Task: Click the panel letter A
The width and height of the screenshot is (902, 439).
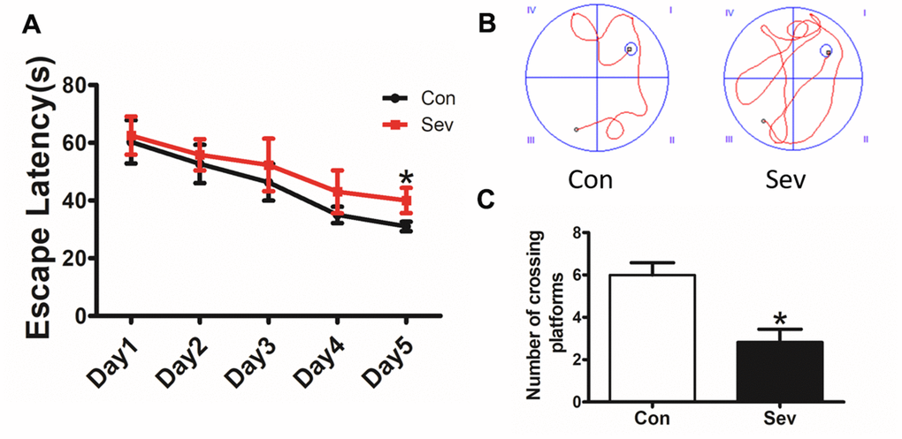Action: point(31,26)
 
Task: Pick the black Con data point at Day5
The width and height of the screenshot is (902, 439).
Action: point(407,227)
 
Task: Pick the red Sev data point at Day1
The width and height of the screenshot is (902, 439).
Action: point(132,136)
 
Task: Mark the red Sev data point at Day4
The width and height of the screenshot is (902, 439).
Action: point(338,191)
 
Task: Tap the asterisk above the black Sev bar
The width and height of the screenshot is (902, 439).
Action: point(779,319)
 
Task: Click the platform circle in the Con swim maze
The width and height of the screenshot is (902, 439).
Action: point(630,49)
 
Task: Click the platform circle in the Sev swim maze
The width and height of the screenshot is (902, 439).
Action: point(826,50)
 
